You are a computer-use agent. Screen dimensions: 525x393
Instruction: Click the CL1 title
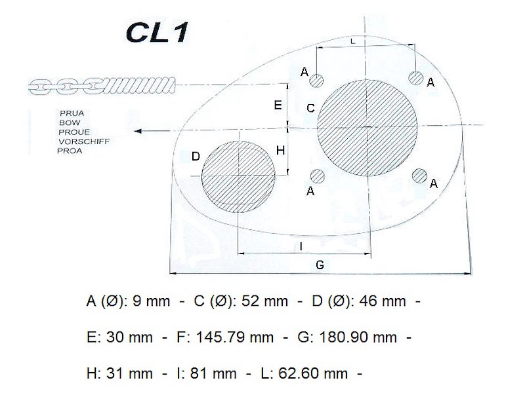[x=157, y=32]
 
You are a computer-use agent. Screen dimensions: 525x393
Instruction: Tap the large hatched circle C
[x=367, y=128]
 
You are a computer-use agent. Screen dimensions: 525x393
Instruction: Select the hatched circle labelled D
[x=238, y=176]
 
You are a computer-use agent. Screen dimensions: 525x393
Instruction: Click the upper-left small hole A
[x=316, y=81]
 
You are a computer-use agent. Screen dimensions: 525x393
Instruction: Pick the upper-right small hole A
[x=416, y=78]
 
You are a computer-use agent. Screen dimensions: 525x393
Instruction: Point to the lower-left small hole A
[x=318, y=176]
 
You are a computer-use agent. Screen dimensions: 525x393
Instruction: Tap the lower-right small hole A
[x=419, y=176]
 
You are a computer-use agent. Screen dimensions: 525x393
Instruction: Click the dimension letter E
[x=278, y=105]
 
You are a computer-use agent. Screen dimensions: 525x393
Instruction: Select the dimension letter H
[x=281, y=151]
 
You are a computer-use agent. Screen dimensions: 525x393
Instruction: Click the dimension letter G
[x=320, y=265]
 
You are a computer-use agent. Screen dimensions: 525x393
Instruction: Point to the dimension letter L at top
[x=352, y=41]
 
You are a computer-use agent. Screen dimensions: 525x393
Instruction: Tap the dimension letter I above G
[x=301, y=247]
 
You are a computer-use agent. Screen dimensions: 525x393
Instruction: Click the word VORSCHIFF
[x=84, y=141]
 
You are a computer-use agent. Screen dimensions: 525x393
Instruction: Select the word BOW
[x=70, y=122]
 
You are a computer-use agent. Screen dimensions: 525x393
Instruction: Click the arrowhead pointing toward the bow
[x=138, y=131]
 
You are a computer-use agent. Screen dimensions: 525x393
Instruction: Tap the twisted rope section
[x=140, y=86]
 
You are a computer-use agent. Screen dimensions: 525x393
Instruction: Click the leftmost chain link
[x=40, y=87]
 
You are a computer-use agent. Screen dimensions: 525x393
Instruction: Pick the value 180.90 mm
[x=358, y=337]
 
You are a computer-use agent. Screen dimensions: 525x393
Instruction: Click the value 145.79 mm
[x=235, y=337]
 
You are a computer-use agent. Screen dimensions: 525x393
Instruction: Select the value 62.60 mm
[x=313, y=373]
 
